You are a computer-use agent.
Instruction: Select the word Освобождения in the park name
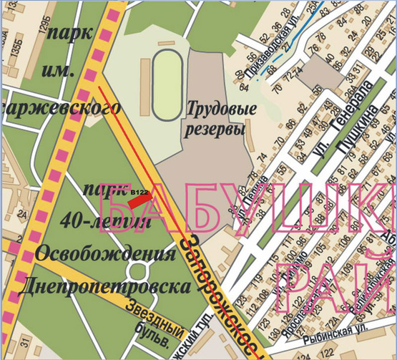[x=105, y=256]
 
